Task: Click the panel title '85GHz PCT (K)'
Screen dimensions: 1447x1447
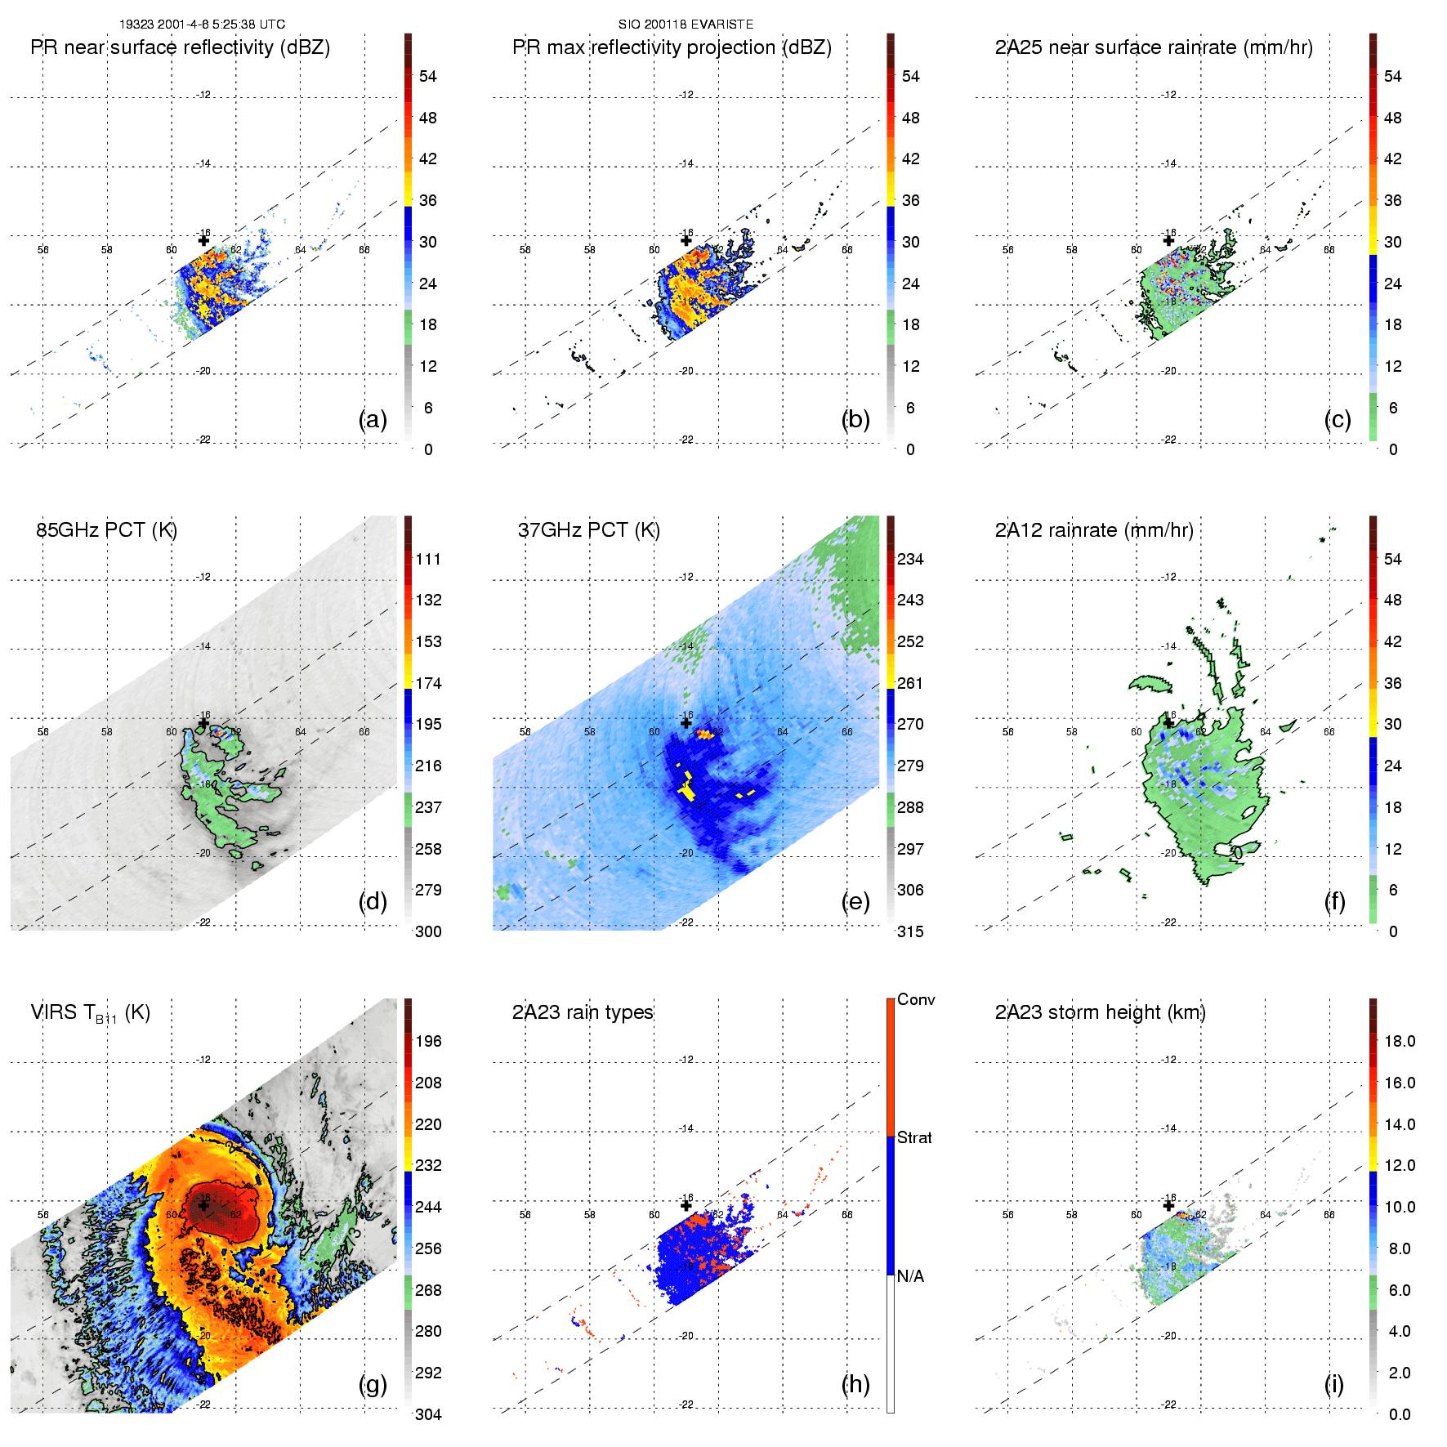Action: [x=106, y=530]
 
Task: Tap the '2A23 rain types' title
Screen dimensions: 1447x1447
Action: [x=583, y=1012]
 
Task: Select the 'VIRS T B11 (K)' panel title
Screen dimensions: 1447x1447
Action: [x=90, y=1013]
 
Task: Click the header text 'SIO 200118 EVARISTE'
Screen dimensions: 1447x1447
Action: [x=686, y=25]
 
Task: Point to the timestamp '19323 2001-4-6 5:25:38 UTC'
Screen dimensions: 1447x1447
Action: [x=202, y=25]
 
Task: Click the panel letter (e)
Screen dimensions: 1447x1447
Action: [x=855, y=901]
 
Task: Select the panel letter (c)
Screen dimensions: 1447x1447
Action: [x=1338, y=419]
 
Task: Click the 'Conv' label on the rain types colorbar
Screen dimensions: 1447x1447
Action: [x=916, y=999]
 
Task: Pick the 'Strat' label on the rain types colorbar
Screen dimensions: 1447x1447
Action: [x=914, y=1137]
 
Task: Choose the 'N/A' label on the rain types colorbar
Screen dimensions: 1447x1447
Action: [x=910, y=1276]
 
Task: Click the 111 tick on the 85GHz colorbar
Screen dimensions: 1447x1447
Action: [x=428, y=559]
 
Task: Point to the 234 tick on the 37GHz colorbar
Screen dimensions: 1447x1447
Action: [x=910, y=559]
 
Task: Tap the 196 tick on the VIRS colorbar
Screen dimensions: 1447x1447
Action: [x=428, y=1041]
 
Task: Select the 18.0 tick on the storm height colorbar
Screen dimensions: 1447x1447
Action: [x=1399, y=1041]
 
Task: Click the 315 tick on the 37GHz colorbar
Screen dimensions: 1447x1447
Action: [x=910, y=931]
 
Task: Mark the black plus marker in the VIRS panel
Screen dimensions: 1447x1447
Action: [x=203, y=1205]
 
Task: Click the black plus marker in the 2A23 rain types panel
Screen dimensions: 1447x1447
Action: [x=686, y=1205]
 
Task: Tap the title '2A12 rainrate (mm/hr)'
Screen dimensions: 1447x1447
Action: [x=1094, y=530]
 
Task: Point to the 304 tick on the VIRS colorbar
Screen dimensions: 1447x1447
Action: [x=428, y=1414]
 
